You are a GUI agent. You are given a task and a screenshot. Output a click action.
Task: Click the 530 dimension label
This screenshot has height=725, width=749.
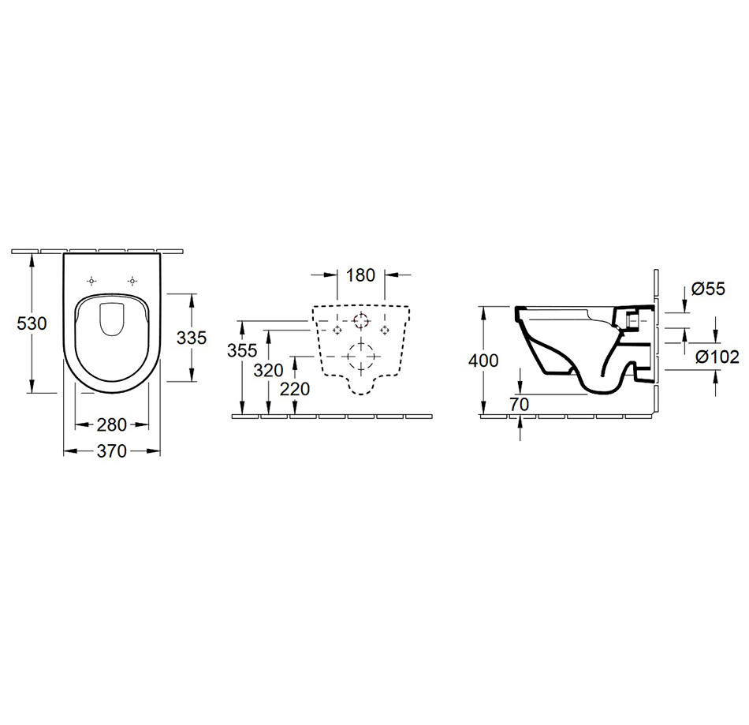point(32,323)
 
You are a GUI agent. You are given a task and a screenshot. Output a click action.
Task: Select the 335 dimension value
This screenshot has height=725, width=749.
point(192,338)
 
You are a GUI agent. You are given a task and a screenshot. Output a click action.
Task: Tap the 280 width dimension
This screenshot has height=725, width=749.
point(112,424)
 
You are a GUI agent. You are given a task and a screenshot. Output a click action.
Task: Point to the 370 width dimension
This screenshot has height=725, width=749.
point(112,450)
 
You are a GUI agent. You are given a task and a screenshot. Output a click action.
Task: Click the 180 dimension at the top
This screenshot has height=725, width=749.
point(360,275)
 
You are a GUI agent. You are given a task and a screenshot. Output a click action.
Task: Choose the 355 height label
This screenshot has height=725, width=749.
point(242,350)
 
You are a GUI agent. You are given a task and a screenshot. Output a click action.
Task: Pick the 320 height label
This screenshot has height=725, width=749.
point(268,370)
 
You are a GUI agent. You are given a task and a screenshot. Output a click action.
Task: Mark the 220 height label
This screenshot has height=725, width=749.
point(295,390)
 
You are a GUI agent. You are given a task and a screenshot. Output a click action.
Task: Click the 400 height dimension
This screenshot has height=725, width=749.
point(483,361)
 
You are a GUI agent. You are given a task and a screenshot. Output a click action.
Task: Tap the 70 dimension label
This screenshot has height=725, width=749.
point(520,405)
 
